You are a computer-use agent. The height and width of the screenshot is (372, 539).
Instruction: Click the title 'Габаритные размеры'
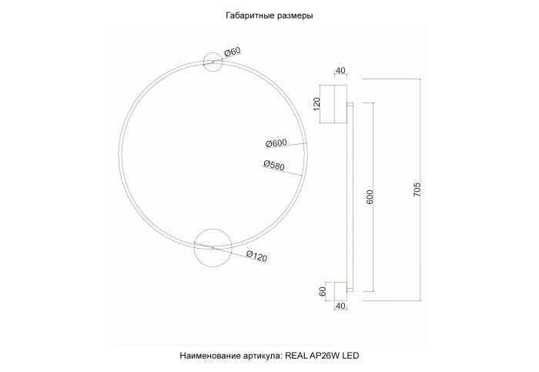tap(269, 15)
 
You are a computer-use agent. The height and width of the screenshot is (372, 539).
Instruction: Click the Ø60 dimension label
tap(232, 52)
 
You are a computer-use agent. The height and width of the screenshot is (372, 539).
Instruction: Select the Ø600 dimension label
tap(276, 143)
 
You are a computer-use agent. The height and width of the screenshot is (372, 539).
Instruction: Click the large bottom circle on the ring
tap(213, 246)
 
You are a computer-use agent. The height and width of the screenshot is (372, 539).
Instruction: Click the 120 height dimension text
tap(316, 104)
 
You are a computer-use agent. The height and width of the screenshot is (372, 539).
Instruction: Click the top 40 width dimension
tap(340, 72)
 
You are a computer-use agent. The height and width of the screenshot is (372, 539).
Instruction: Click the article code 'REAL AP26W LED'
tap(322, 356)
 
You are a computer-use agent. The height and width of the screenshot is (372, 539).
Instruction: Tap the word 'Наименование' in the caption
tap(209, 356)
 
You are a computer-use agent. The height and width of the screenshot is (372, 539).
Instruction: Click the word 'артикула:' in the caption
tap(262, 356)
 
